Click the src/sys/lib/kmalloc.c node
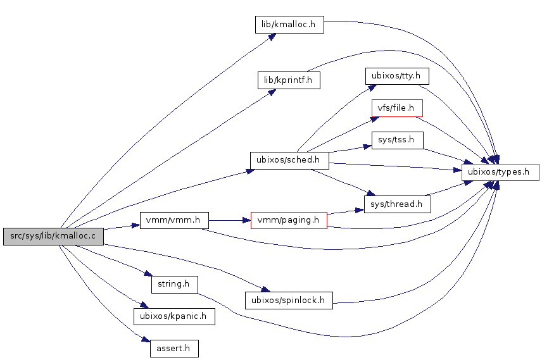(53, 237)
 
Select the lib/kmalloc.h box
(289, 25)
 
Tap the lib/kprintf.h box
(289, 80)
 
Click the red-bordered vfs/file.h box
(397, 108)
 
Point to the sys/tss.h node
(397, 140)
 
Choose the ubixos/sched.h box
(289, 160)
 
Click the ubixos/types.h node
(500, 172)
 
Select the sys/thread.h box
(397, 204)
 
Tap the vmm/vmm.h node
(174, 220)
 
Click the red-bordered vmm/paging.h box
(289, 220)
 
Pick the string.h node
(174, 283)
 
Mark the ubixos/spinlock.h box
(289, 300)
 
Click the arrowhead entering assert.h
(145, 341)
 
